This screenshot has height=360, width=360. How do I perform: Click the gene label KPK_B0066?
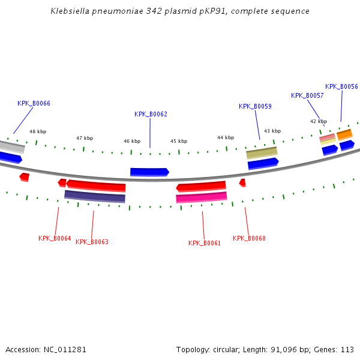pos(34,103)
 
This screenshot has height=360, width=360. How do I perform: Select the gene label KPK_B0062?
pos(151,114)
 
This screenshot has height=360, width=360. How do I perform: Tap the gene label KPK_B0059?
pos(255,106)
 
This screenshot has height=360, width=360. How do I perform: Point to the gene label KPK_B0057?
pos(307,95)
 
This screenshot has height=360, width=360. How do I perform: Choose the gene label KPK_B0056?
pos(341,86)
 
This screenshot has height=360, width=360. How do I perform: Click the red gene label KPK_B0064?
pos(55,238)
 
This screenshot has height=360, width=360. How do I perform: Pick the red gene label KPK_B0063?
pos(92,242)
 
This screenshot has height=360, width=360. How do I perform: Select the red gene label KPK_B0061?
pos(205,243)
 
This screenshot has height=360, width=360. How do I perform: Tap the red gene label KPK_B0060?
pos(249,238)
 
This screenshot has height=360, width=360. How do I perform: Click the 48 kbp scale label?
pos(38,131)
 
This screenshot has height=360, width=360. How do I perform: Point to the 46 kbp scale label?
pos(132,141)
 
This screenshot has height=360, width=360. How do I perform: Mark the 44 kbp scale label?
pos(226,137)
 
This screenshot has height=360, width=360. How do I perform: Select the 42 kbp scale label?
pos(319,121)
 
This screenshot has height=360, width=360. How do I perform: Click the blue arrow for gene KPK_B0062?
pos(149,172)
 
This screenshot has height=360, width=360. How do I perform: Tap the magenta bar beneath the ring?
pos(202,197)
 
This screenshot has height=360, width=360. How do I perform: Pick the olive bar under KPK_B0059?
pos(262,153)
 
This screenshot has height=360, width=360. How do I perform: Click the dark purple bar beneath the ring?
pos(95,196)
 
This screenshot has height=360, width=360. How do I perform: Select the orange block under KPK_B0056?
pos(344,134)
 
